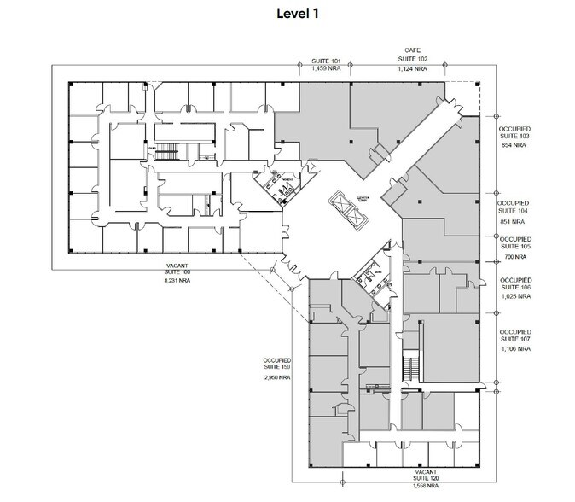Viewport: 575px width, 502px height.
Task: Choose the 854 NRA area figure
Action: click(513, 146)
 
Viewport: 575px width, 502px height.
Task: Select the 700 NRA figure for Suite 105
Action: click(513, 256)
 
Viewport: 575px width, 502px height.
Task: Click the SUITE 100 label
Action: click(177, 271)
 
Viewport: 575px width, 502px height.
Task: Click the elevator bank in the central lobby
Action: click(349, 207)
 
